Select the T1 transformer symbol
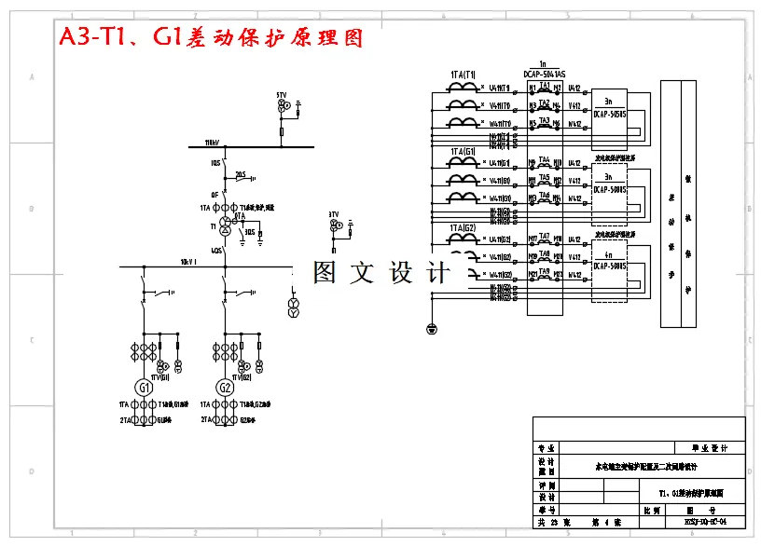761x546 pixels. pyautogui.click(x=224, y=226)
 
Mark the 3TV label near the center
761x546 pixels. pyautogui.click(x=333, y=214)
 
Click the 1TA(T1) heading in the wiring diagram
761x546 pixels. pyautogui.click(x=464, y=75)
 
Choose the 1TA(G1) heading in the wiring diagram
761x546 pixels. pyautogui.click(x=464, y=151)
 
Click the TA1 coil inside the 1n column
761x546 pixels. pyautogui.click(x=545, y=86)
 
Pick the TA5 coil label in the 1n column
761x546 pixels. pyautogui.click(x=545, y=177)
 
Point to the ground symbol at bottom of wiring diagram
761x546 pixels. pyautogui.click(x=431, y=328)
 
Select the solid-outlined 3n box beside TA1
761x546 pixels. pyautogui.click(x=609, y=107)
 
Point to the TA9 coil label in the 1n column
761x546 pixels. pyautogui.click(x=545, y=270)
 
